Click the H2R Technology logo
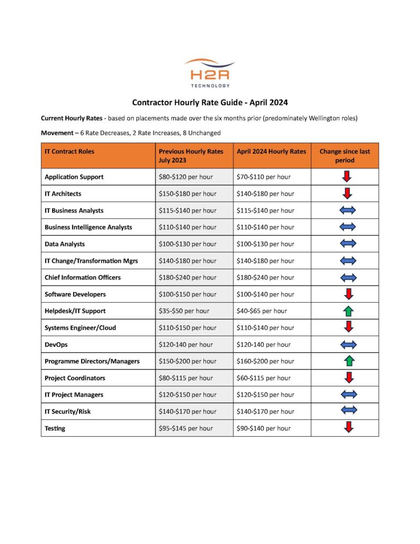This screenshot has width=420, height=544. pyautogui.click(x=210, y=73)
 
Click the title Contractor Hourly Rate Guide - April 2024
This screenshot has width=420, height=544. pyautogui.click(x=210, y=102)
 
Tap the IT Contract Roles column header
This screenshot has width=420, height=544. pyautogui.click(x=70, y=151)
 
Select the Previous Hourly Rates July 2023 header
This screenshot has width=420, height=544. pyautogui.click(x=191, y=156)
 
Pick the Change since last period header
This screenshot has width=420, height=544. pyautogui.click(x=345, y=156)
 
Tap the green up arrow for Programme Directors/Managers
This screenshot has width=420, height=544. pyautogui.click(x=349, y=361)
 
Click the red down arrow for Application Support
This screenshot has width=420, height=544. pyautogui.click(x=348, y=177)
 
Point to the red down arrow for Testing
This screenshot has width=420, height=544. pyautogui.click(x=348, y=427)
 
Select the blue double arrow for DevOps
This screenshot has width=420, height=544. pyautogui.click(x=348, y=344)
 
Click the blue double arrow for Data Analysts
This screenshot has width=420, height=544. pyautogui.click(x=348, y=244)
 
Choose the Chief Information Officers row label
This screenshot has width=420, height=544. pyautogui.click(x=83, y=277)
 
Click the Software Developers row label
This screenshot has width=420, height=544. pyautogui.click(x=75, y=294)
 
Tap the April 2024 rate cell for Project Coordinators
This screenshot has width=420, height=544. pyautogui.click(x=263, y=378)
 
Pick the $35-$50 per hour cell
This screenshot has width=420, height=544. pyautogui.click(x=184, y=311)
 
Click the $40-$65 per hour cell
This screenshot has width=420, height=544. pyautogui.click(x=262, y=311)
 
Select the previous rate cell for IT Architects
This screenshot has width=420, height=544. pyautogui.click(x=187, y=194)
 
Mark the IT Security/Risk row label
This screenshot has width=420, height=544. pyautogui.click(x=68, y=412)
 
